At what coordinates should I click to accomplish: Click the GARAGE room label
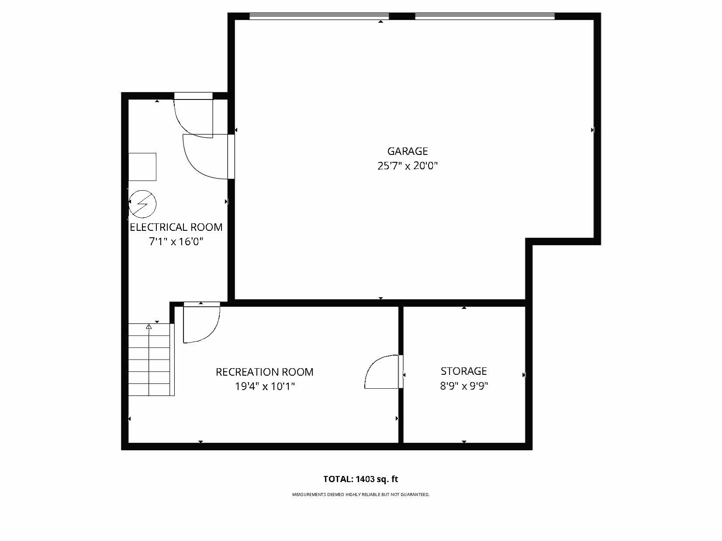[x=407, y=151]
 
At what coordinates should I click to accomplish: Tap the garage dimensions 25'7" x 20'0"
[x=407, y=166]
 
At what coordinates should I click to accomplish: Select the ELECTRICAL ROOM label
[x=176, y=227]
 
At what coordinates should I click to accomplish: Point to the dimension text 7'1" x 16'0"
[x=176, y=242]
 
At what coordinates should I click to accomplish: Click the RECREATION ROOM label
[x=264, y=372]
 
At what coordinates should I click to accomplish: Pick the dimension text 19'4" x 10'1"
[x=264, y=387]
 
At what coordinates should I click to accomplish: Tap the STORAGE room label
[x=463, y=371]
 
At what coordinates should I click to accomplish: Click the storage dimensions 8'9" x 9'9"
[x=463, y=386]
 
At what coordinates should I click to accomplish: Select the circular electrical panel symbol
[x=142, y=204]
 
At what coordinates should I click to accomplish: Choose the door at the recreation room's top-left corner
[x=200, y=323]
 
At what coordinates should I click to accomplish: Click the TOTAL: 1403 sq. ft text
[x=360, y=479]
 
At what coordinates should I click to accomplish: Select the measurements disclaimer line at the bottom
[x=360, y=495]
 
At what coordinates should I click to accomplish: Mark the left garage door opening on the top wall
[x=319, y=17]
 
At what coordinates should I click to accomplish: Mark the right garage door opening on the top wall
[x=484, y=17]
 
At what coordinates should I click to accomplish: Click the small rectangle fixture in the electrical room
[x=142, y=167]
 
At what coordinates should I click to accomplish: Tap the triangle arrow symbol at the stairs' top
[x=149, y=326]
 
